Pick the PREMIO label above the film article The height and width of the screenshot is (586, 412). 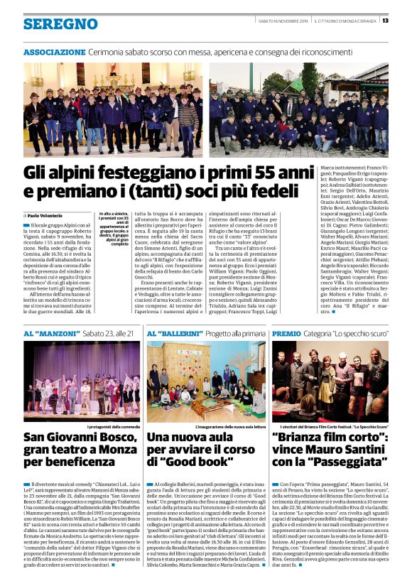pyautogui.click(x=286, y=333)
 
